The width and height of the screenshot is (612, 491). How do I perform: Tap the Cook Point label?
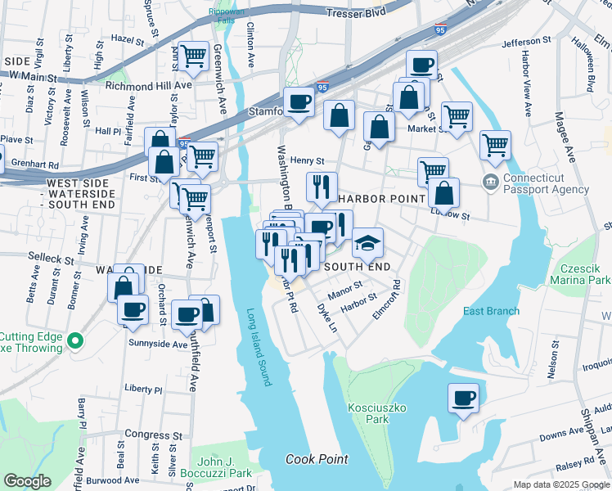[x=317, y=459]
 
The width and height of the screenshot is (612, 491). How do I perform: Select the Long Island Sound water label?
[x=258, y=347]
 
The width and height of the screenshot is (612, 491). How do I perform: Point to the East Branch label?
[x=491, y=311]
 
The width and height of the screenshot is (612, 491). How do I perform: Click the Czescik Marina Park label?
[x=585, y=273]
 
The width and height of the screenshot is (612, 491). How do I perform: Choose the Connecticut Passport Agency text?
[x=546, y=183]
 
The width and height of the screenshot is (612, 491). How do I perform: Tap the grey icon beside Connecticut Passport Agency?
[x=491, y=181]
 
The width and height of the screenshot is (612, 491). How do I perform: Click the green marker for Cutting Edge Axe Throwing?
[x=75, y=340]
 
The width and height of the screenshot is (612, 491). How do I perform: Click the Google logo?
[x=27, y=481]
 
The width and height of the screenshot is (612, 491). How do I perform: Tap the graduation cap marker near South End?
[x=367, y=243]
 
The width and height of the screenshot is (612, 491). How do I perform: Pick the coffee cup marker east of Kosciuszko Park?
[x=463, y=399]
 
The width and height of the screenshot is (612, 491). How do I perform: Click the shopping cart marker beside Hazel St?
[x=194, y=56]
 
